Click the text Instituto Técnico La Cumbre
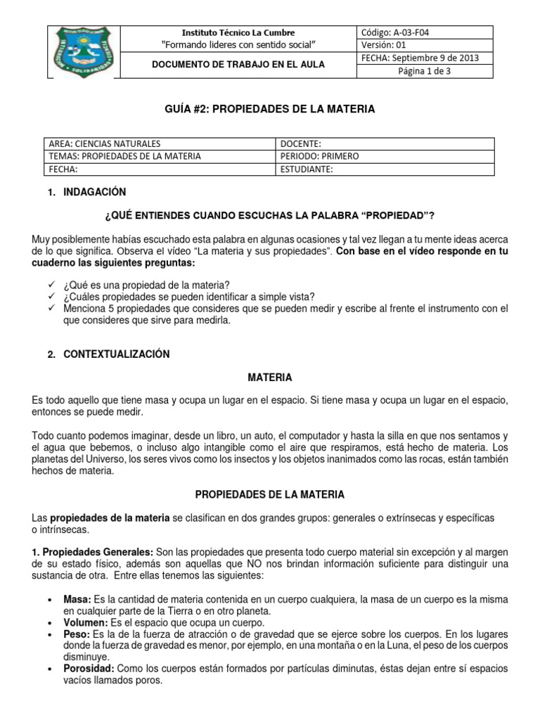238,32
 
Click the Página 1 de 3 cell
425,71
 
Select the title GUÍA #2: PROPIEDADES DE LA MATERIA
269,109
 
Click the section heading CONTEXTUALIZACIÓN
116,354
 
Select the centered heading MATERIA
269,378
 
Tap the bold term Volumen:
84,622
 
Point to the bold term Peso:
76,634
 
